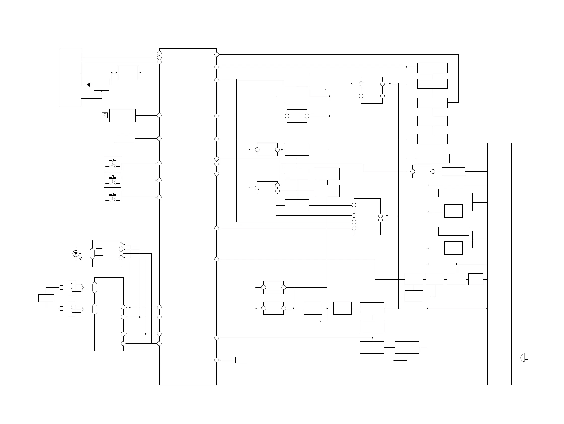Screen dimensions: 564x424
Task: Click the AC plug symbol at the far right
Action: pyautogui.click(x=523, y=358)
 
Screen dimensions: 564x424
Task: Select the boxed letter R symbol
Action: pyautogui.click(x=105, y=115)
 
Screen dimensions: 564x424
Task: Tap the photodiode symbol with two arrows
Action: pyautogui.click(x=76, y=253)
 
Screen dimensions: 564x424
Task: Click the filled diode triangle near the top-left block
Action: pyautogui.click(x=88, y=85)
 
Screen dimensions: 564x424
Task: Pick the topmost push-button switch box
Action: pyautogui.click(x=113, y=163)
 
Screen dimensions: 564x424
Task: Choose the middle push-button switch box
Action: pyautogui.click(x=113, y=180)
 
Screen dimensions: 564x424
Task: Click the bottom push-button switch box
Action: pyautogui.click(x=113, y=197)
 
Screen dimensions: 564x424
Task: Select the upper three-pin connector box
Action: pyautogui.click(x=71, y=288)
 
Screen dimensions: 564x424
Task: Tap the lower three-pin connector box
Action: pyautogui.click(x=71, y=309)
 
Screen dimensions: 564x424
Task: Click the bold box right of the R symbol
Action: pyautogui.click(x=122, y=115)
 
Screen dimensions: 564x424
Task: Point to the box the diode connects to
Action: pyautogui.click(x=102, y=84)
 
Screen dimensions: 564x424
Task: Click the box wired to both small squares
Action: pyautogui.click(x=46, y=298)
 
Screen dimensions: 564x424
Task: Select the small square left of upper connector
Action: pyautogui.click(x=61, y=288)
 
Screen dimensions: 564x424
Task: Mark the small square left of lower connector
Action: pyautogui.click(x=61, y=309)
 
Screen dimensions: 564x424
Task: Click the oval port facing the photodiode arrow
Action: pyautogui.click(x=92, y=253)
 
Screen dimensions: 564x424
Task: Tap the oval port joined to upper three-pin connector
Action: pyautogui.click(x=95, y=288)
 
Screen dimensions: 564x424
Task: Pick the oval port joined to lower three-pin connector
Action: pyautogui.click(x=95, y=309)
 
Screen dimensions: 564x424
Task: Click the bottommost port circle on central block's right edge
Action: pyautogui.click(x=217, y=360)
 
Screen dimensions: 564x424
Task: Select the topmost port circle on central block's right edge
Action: pyautogui.click(x=217, y=55)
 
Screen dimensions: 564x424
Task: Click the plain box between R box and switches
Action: pyautogui.click(x=124, y=139)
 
